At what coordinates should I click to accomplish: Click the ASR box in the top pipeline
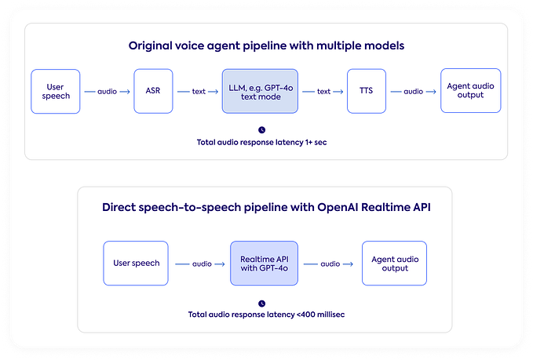click(153, 91)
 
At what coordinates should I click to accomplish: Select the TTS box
click(367, 91)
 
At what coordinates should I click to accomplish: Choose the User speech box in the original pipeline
click(55, 91)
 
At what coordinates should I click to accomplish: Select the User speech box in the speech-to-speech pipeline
click(137, 263)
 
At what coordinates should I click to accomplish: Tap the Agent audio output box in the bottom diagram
click(396, 263)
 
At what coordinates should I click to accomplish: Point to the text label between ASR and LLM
click(199, 91)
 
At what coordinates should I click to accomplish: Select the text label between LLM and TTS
click(323, 91)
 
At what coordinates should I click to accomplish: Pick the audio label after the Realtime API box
click(330, 263)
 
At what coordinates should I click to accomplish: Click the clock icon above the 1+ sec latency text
click(261, 129)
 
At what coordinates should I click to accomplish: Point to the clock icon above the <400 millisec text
click(261, 302)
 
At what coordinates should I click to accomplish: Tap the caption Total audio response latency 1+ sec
click(261, 143)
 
